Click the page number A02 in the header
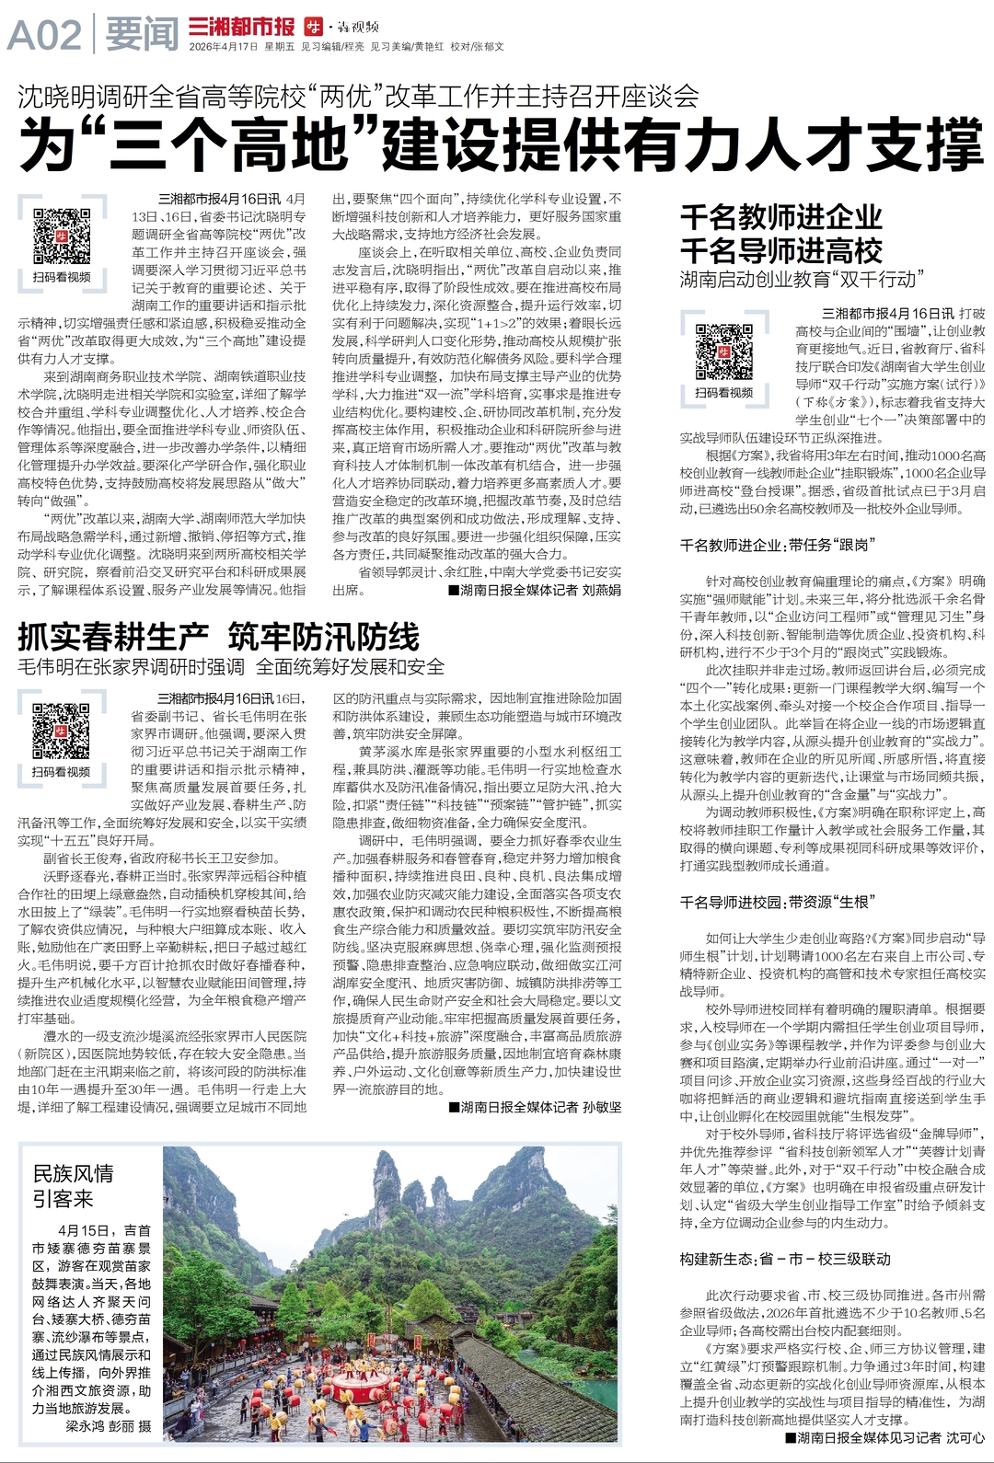[44, 36]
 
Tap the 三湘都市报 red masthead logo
[241, 26]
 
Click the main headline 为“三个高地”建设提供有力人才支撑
[501, 143]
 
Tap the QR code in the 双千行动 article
[723, 352]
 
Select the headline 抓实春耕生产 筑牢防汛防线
[218, 637]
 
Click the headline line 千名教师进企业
[780, 217]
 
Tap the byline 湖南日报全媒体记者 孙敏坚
[535, 1107]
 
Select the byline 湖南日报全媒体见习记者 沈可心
[884, 1437]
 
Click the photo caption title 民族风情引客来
[73, 1185]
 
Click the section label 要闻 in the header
[141, 36]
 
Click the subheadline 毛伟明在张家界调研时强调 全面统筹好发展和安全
[231, 667]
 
